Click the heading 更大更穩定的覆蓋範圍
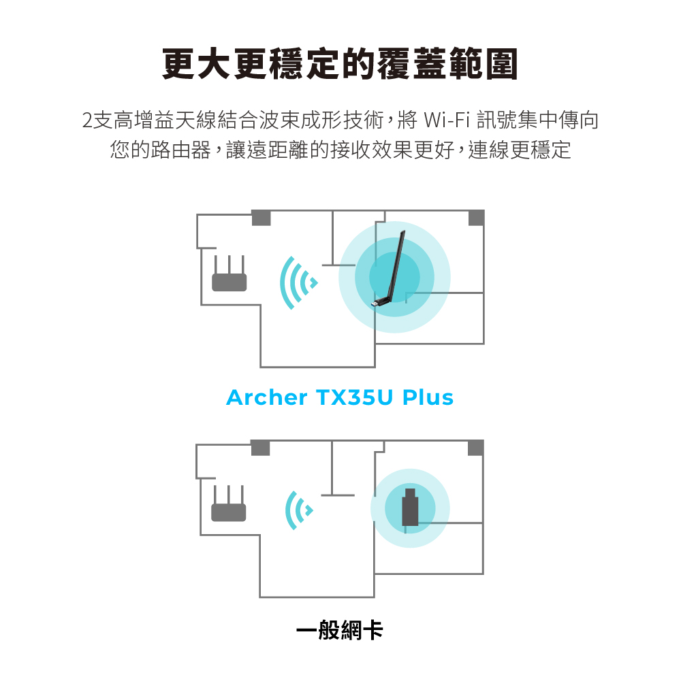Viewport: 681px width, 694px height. tap(340, 64)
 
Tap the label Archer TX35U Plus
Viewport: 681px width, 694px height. tap(340, 397)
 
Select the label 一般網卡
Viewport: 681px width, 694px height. tap(339, 629)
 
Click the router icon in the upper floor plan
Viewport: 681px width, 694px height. tap(229, 274)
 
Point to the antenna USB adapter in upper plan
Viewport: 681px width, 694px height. tap(389, 269)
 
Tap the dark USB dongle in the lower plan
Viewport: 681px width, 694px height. tap(410, 507)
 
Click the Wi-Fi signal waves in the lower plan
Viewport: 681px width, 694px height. tap(299, 510)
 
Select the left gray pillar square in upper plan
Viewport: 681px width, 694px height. tap(261, 218)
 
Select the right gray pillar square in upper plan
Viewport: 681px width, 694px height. tap(476, 218)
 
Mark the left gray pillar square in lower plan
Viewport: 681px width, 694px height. tap(260, 448)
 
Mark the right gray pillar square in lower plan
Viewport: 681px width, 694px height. tap(475, 448)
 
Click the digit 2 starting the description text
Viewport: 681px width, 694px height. tap(87, 120)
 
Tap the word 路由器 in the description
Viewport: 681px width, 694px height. tap(180, 150)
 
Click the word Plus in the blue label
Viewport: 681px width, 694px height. tap(428, 397)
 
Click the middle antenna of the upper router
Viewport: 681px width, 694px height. tap(229, 265)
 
